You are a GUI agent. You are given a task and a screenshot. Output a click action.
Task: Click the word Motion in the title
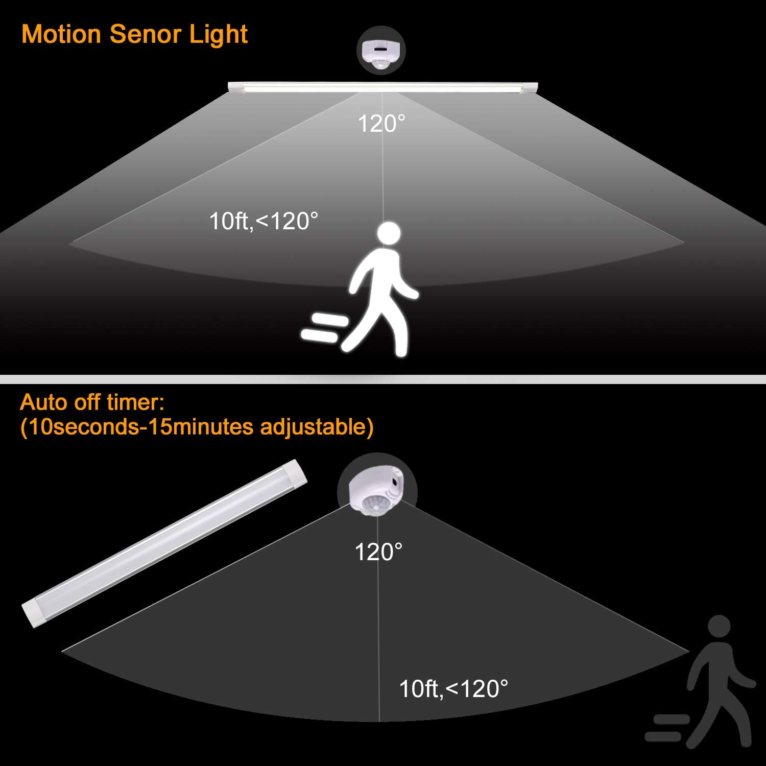coord(61,35)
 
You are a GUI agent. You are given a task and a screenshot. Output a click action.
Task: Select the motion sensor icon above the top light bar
coord(380,51)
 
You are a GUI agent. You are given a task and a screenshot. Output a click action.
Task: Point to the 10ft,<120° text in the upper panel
coord(264,221)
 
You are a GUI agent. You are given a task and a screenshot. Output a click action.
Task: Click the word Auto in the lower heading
coord(44,402)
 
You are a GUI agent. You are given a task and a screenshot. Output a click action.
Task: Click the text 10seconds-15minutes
coord(138,427)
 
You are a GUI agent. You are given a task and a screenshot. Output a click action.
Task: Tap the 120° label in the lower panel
coord(378,552)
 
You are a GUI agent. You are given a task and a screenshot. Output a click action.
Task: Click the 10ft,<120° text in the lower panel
coord(453,689)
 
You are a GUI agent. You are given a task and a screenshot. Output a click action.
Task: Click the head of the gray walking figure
coord(719,628)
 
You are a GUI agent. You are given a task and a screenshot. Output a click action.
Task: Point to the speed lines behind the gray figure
coord(667,727)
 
